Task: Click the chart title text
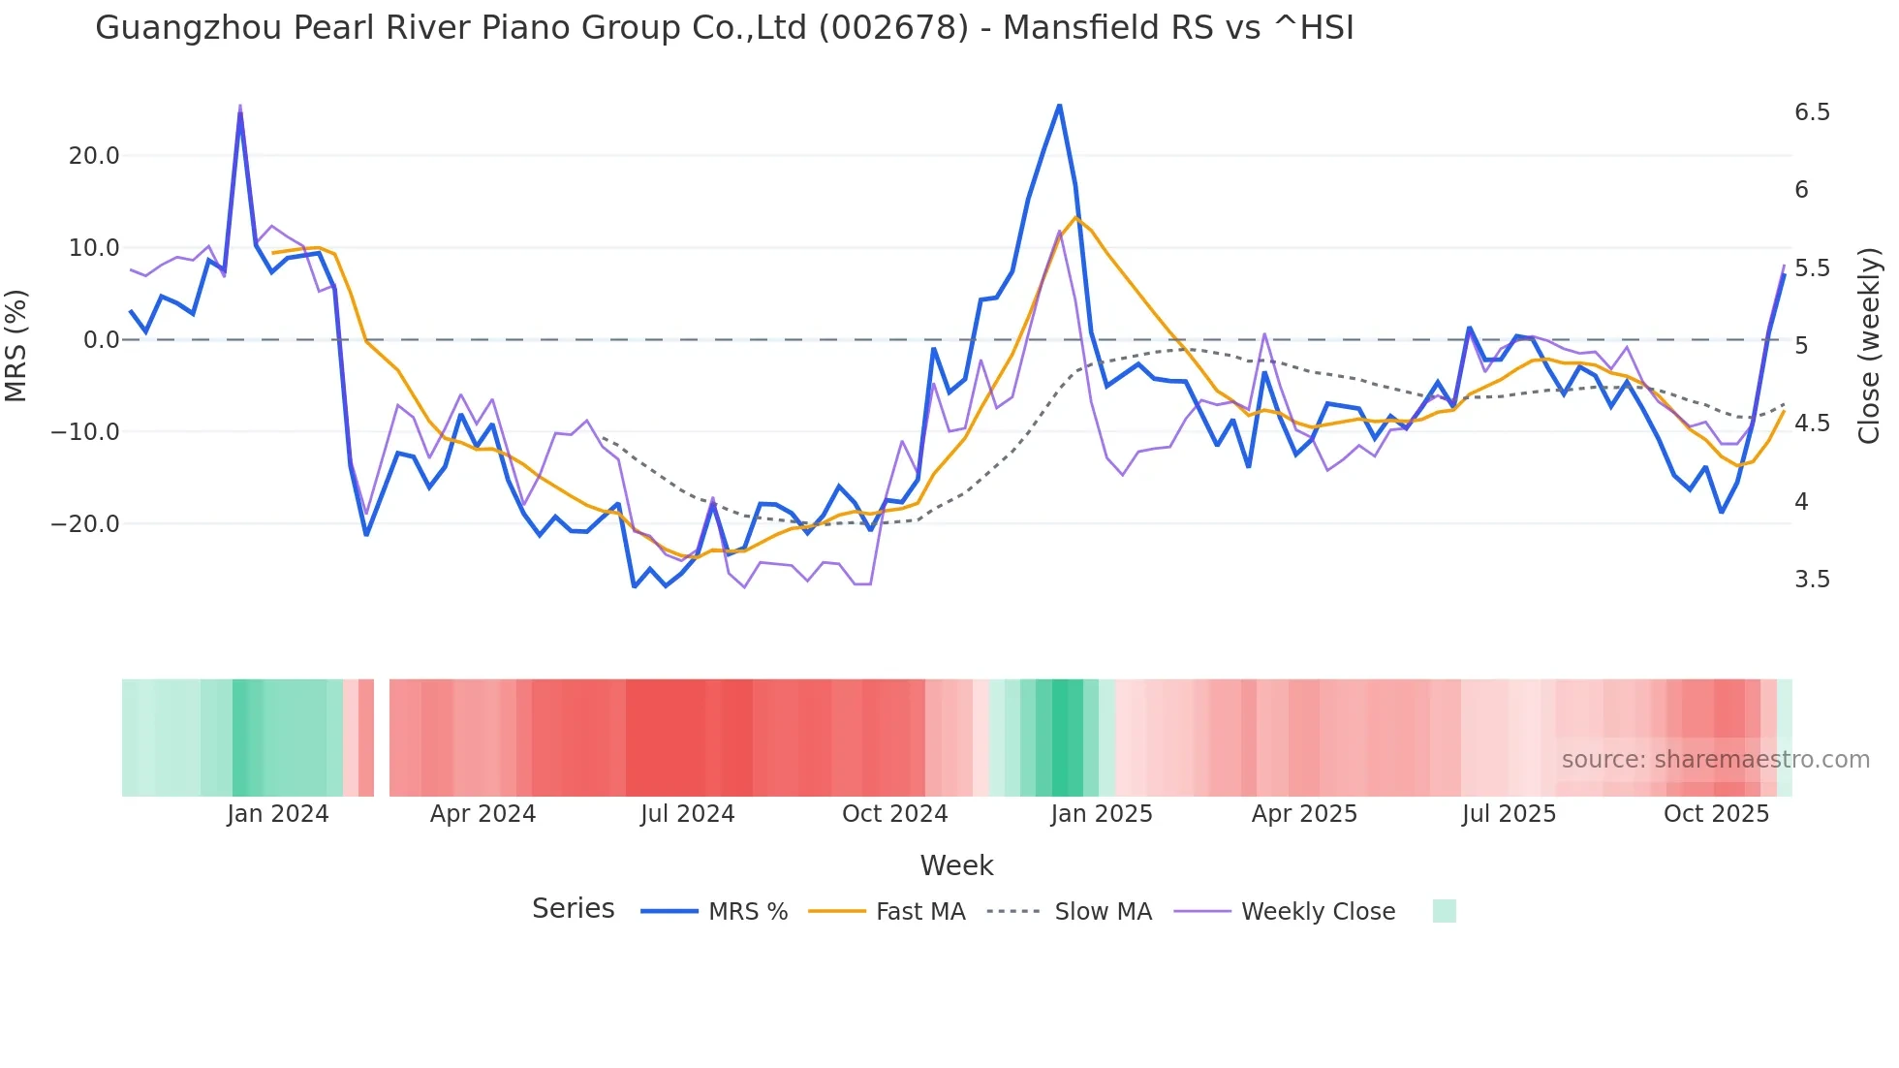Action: click(724, 28)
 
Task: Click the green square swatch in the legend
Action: click(1444, 911)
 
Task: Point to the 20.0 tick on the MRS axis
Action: click(94, 156)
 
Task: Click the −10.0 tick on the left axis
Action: click(85, 432)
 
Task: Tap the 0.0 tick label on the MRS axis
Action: click(101, 340)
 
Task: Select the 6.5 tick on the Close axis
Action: click(1812, 112)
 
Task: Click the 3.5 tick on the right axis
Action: click(1812, 580)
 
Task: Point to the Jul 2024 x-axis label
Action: click(687, 814)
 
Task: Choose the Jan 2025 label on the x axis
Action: click(1101, 814)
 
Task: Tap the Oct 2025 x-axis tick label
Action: click(1716, 814)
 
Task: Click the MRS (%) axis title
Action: click(16, 345)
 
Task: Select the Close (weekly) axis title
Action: click(1869, 345)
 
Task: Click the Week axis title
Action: click(956, 865)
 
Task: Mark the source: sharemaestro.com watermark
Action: click(1715, 760)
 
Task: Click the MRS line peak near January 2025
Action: click(1059, 106)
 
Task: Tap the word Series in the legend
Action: click(573, 909)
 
